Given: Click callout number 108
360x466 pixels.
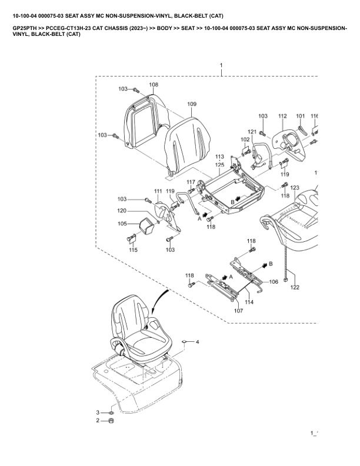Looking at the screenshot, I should point(154,85).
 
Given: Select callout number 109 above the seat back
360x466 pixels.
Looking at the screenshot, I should point(192,104).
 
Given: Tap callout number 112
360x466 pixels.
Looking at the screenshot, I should point(282,116).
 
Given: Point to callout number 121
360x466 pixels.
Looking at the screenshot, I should point(252,131).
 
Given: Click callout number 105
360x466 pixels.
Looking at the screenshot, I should point(122,224).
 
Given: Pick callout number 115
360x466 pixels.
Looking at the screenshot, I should point(134,251).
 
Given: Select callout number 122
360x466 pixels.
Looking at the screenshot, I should point(294,288).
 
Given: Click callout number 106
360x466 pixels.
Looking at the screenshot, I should point(274,282).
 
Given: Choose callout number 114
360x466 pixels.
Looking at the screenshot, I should point(249,302).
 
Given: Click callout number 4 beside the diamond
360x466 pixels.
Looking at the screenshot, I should point(198,341).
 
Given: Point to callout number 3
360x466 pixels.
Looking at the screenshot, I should point(98,411).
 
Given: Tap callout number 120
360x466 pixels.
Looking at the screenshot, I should point(121,211).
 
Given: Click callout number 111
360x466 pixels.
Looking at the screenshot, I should point(158,192).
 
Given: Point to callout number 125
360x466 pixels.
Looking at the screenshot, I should point(219,165).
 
